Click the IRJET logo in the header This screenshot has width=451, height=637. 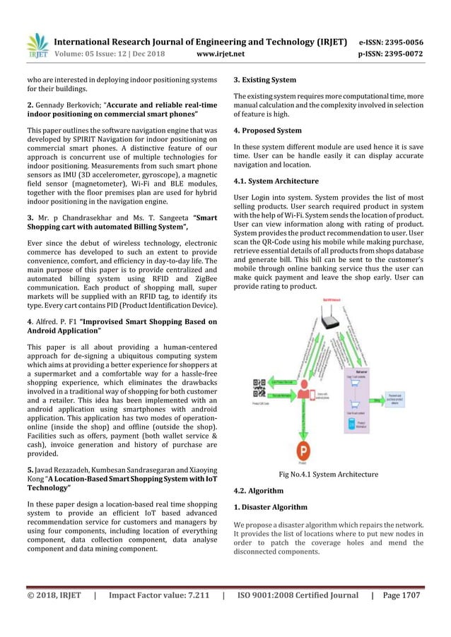coord(36,45)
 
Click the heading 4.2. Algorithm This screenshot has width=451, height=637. coord(258,490)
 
